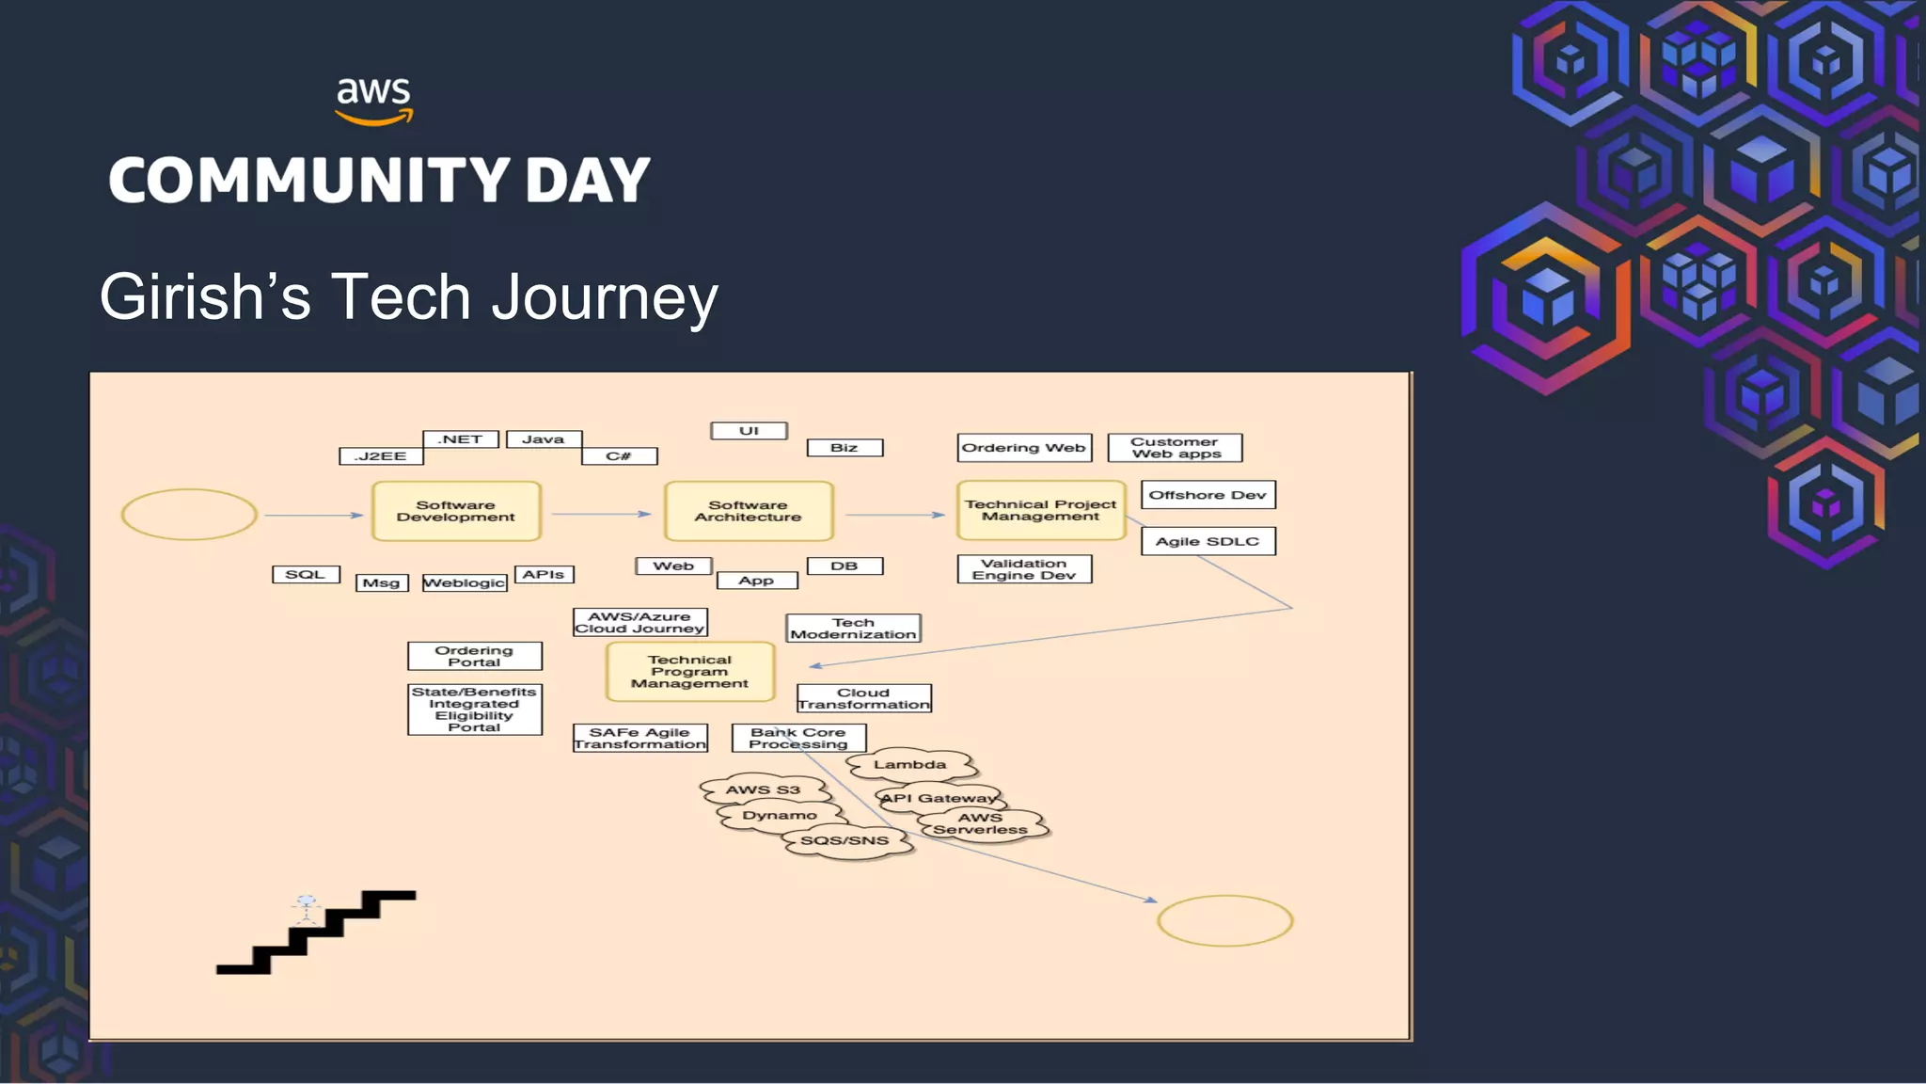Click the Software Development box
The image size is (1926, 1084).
click(x=456, y=511)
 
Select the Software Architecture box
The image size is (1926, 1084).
click(x=749, y=511)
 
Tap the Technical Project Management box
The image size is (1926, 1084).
click(x=1040, y=510)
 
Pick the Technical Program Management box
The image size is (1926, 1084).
click(x=689, y=672)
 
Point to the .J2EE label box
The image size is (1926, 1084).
click(x=381, y=456)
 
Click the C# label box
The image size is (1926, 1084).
click(x=619, y=456)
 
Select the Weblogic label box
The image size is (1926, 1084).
click(x=465, y=583)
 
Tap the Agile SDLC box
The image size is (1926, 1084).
click(x=1208, y=541)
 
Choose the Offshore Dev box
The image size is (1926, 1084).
click(x=1208, y=495)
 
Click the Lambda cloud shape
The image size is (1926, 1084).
click(x=909, y=765)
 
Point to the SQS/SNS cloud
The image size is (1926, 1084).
click(x=845, y=840)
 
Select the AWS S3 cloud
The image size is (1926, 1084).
click(x=763, y=789)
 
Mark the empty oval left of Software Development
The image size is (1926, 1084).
click(x=189, y=515)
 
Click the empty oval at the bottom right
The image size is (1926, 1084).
click(x=1224, y=920)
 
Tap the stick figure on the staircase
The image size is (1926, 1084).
click(x=307, y=908)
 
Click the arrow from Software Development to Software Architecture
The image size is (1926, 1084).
click(x=602, y=514)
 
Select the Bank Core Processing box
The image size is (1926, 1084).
click(x=798, y=738)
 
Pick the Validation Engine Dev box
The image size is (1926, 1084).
click(x=1024, y=569)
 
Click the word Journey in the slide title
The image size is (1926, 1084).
click(x=605, y=297)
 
